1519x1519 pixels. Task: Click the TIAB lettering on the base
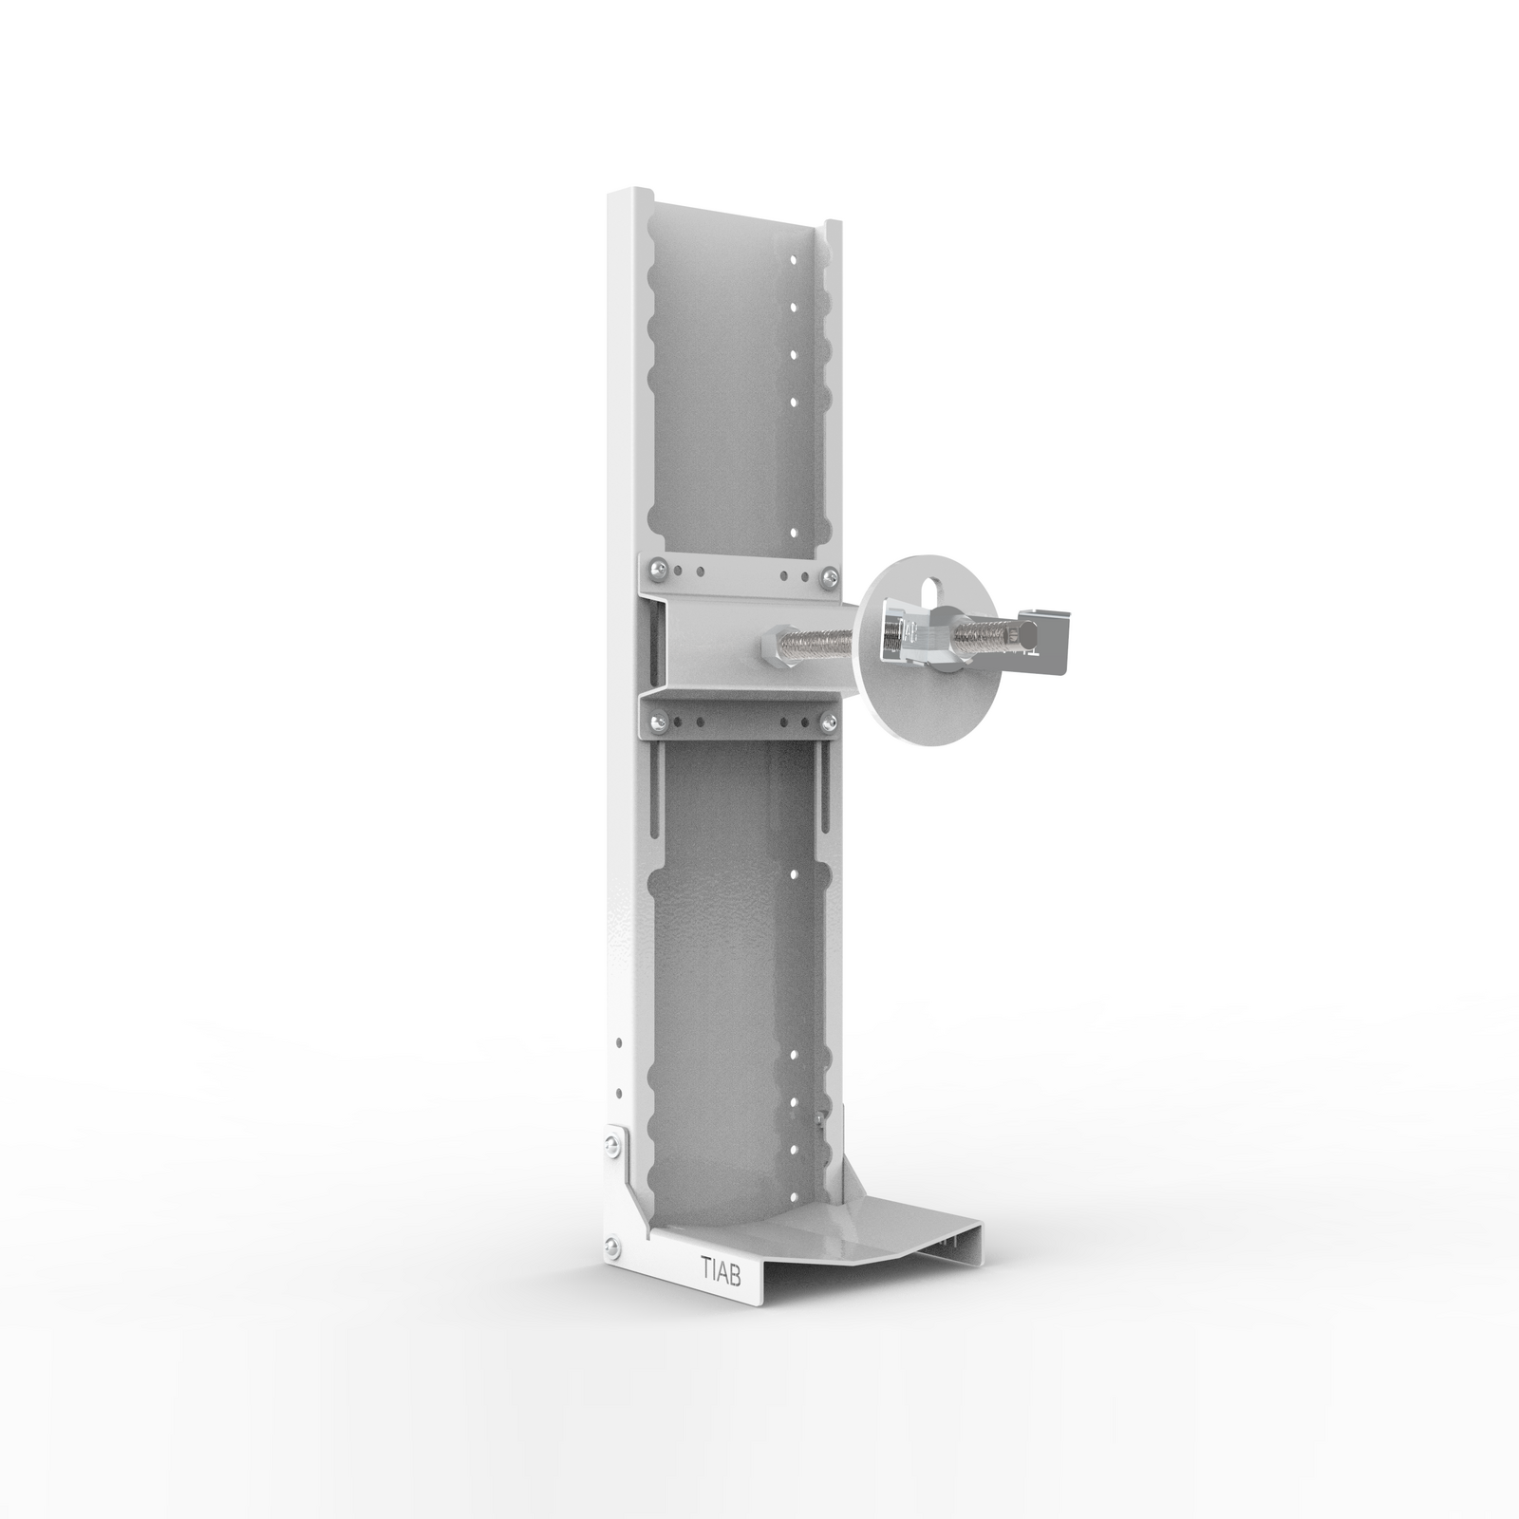[722, 1267]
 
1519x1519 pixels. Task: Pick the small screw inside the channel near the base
[819, 1117]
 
